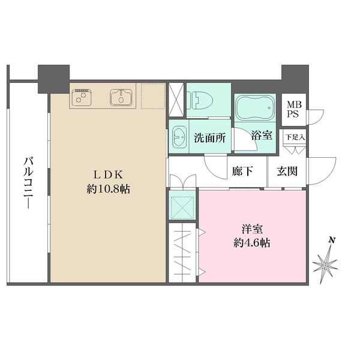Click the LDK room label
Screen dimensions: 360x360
109,175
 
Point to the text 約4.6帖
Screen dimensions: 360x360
251,244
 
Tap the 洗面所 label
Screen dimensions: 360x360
209,137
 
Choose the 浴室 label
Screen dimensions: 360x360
262,136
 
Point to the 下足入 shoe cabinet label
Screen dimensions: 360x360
295,137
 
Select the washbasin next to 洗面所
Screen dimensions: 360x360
179,136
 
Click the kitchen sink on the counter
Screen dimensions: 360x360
121,96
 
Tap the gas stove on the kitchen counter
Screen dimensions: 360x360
82,96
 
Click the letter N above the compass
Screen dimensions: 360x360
332,241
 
